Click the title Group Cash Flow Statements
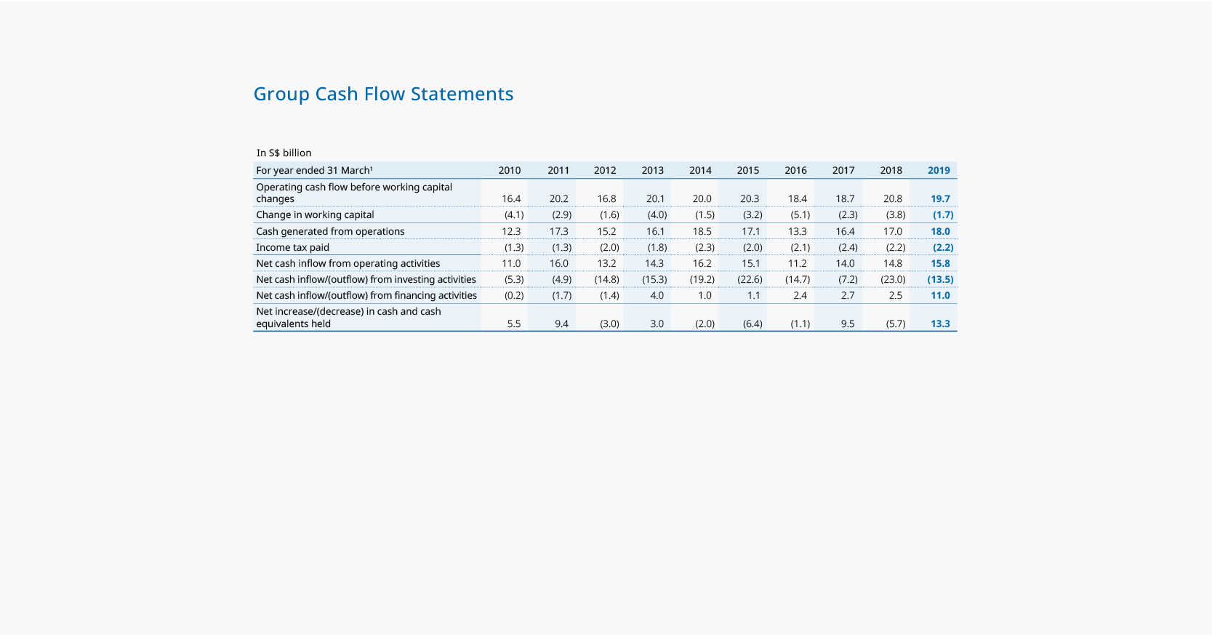coord(383,94)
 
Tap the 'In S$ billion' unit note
coord(284,153)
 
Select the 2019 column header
coord(939,170)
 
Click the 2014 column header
coord(700,170)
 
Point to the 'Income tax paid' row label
coord(292,247)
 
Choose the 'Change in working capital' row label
coord(315,214)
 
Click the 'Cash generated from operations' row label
coord(330,231)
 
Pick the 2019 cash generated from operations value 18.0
coord(940,231)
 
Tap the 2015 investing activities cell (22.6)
coord(750,279)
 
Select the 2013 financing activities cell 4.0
coord(657,295)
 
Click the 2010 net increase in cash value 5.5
coord(513,323)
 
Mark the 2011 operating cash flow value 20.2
coord(558,198)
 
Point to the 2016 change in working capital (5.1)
coord(800,214)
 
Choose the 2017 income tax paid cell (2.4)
coord(848,247)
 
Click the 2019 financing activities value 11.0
coord(940,295)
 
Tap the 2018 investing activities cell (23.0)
coord(893,279)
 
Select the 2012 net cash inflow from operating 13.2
coord(606,263)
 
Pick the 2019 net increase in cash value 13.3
coord(940,323)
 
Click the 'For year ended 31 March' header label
coord(314,170)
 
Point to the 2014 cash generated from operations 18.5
coord(702,231)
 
